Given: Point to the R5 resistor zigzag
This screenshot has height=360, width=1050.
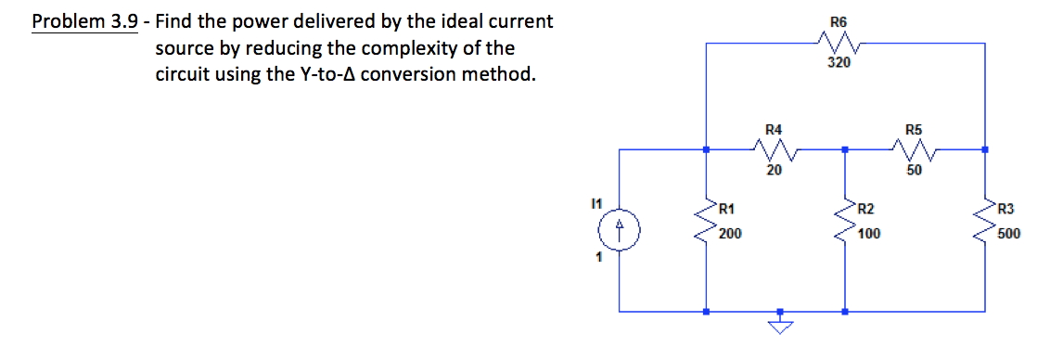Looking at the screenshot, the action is [914, 148].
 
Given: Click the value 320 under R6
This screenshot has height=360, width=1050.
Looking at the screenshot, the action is [839, 63].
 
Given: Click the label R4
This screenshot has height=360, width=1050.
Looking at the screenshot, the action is [774, 129].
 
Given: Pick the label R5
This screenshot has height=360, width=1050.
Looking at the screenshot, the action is [914, 129].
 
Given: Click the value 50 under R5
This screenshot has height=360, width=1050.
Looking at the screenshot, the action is [915, 170].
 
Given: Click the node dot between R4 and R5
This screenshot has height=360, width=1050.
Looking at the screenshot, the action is [845, 148].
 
